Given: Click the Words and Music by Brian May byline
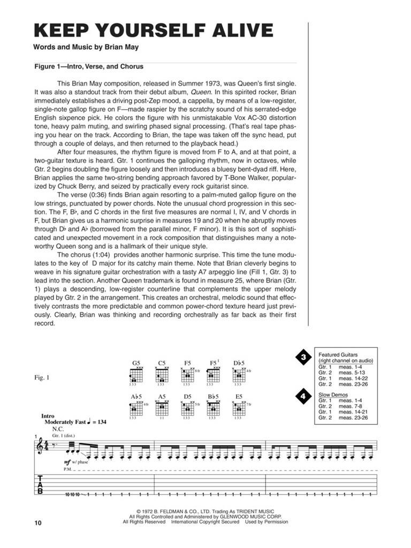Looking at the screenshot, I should [x=86, y=47].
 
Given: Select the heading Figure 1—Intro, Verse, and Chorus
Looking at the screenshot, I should [x=88, y=67].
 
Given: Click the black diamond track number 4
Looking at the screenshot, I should [x=303, y=398].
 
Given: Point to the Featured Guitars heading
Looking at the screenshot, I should [x=338, y=355].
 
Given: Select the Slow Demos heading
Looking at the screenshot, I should [x=333, y=395].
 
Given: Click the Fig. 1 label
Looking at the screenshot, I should [x=42, y=378].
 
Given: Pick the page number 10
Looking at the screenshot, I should [x=36, y=523].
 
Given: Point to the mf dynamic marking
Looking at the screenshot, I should [x=67, y=461].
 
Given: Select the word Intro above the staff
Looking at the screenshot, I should [x=48, y=416].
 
